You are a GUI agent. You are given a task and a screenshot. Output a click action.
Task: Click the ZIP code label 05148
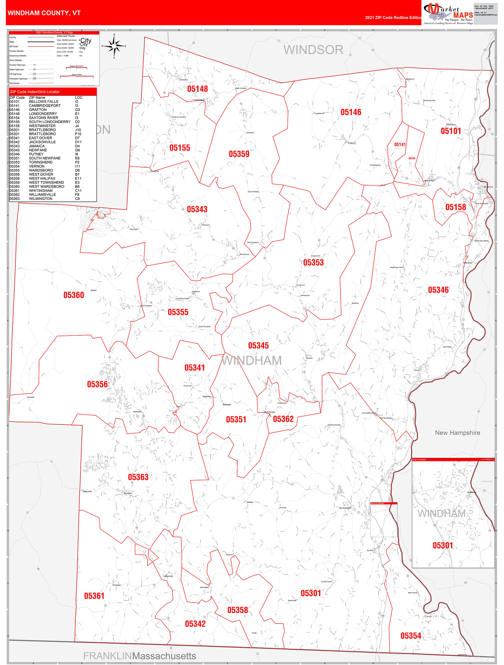click(198, 89)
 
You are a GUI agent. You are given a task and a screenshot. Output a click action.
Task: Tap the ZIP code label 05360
click(74, 295)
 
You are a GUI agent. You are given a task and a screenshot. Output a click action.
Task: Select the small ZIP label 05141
click(400, 145)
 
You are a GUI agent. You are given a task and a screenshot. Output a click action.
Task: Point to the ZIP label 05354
click(411, 636)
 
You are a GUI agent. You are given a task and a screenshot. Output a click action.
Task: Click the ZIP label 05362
click(283, 419)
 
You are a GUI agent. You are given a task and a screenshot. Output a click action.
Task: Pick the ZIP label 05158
click(455, 207)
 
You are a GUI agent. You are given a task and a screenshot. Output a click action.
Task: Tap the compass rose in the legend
click(114, 46)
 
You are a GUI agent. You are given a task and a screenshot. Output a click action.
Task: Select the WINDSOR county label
click(313, 50)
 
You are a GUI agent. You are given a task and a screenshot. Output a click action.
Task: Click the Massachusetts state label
click(164, 656)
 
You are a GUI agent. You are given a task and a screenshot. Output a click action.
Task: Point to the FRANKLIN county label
click(107, 656)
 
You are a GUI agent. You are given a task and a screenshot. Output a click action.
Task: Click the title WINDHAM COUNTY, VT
click(44, 13)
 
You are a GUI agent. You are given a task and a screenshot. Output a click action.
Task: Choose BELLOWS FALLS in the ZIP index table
click(43, 102)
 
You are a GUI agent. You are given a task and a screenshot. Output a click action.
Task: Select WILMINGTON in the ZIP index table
click(41, 199)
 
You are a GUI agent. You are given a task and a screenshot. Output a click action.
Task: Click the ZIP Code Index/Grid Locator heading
click(35, 92)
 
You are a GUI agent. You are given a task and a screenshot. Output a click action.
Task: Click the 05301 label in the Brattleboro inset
click(442, 545)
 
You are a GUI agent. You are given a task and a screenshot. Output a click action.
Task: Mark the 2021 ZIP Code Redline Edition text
click(393, 18)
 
